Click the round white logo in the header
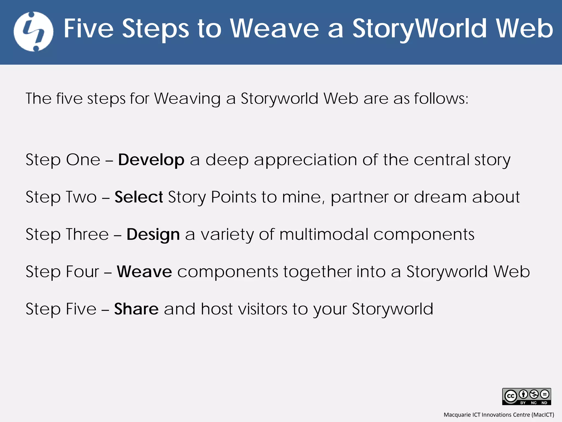(x=33, y=32)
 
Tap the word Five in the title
(x=89, y=29)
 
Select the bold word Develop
(x=151, y=160)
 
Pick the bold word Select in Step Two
(x=139, y=197)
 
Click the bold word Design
(x=153, y=234)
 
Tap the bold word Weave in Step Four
(x=144, y=271)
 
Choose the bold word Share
(x=136, y=309)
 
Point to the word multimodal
(x=324, y=234)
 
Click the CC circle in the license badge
(x=511, y=396)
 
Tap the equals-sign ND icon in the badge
(x=544, y=395)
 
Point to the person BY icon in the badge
(x=523, y=395)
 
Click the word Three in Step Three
(x=87, y=234)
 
